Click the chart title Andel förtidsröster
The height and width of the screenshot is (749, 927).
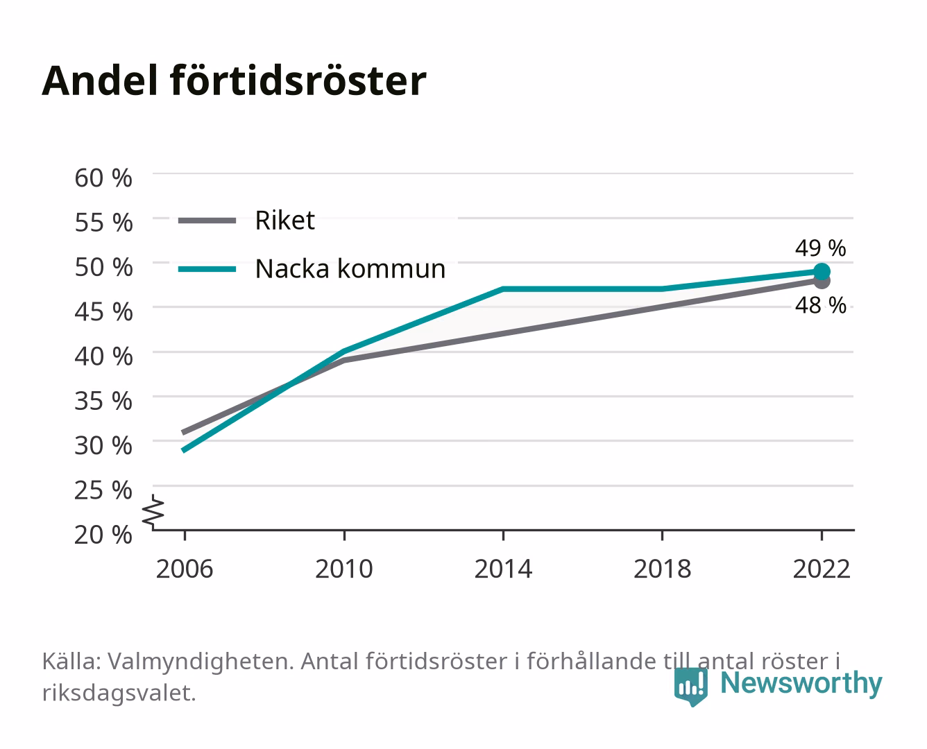[234, 81]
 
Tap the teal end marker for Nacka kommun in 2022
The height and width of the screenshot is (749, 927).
[822, 271]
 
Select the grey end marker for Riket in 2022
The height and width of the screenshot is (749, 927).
[822, 282]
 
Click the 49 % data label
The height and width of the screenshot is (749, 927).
[820, 248]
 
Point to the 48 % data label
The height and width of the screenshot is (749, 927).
[820, 305]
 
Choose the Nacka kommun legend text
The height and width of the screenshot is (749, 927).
[350, 268]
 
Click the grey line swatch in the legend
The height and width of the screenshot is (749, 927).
[207, 221]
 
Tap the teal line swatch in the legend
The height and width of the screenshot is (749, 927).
[207, 269]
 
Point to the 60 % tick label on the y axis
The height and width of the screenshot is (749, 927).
[103, 178]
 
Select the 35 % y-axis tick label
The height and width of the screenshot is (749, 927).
[103, 401]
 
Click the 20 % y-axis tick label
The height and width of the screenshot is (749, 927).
[103, 535]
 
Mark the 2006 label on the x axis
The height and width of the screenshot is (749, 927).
[185, 569]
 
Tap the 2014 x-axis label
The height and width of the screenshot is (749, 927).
[503, 569]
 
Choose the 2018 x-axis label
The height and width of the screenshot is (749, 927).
[662, 569]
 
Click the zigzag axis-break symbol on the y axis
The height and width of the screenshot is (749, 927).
[154, 512]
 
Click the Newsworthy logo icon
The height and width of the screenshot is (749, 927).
[691, 687]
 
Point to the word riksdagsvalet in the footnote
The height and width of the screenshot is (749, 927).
[119, 693]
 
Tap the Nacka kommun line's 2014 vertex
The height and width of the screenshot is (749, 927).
[503, 289]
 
